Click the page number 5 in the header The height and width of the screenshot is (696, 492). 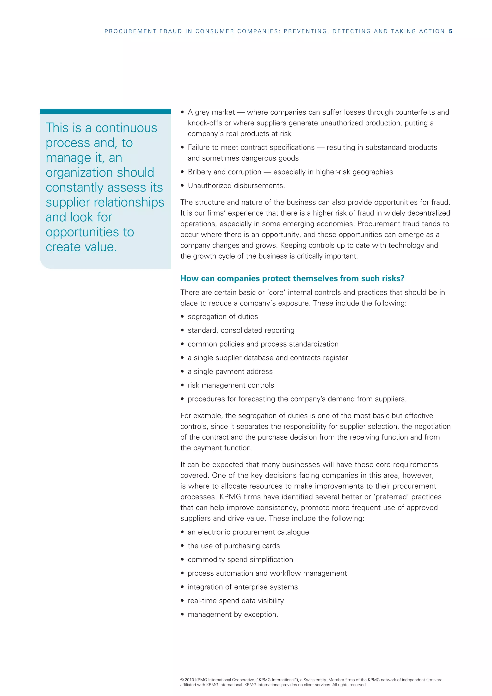[450, 31]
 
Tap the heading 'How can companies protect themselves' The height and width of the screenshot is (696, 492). [292, 278]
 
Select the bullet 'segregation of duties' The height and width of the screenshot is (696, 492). [223, 317]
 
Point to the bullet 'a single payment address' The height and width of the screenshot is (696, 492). [230, 371]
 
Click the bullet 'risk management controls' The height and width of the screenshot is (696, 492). [231, 385]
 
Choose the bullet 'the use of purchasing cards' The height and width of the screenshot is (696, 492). [234, 546]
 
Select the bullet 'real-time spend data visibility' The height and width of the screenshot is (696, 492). [236, 601]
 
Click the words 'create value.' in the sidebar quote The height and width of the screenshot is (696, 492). [81, 247]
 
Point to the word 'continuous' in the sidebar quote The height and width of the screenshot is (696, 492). [126, 128]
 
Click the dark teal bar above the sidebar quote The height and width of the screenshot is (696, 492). [105, 111]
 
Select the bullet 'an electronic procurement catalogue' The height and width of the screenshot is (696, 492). [248, 532]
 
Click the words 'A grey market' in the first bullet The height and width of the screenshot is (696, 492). [211, 112]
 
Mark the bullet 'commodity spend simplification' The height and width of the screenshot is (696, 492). [240, 559]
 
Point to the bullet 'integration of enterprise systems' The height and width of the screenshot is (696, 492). [243, 587]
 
